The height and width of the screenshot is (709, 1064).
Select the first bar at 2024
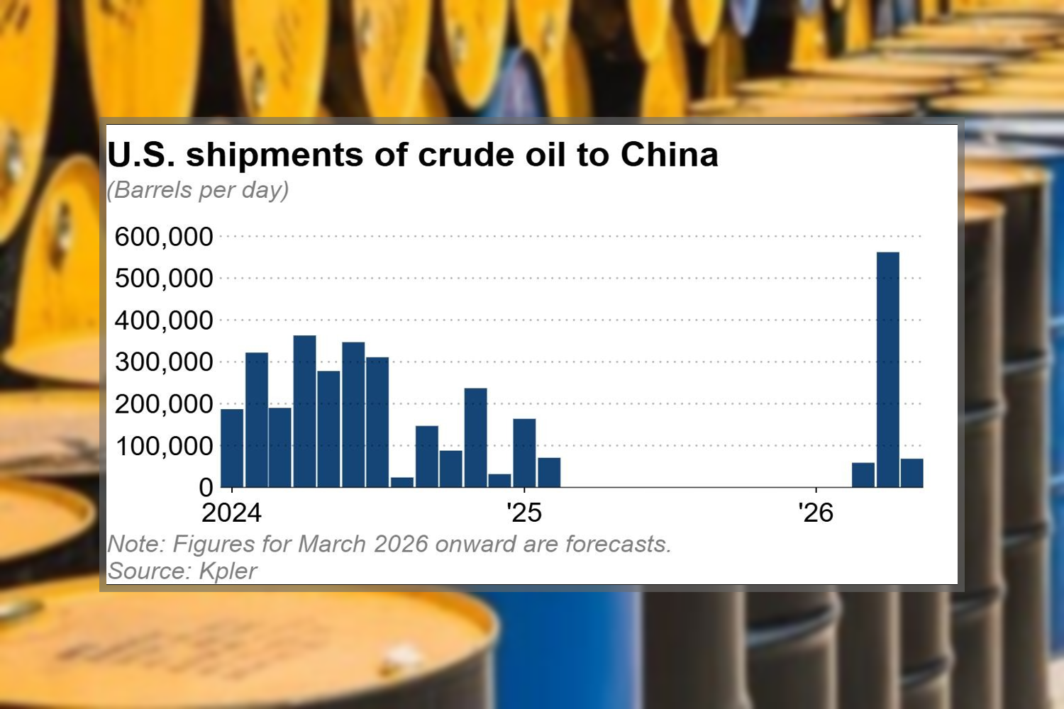pos(232,448)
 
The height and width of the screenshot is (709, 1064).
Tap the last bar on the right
pos(911,473)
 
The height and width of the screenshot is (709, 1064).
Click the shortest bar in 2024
pos(402,482)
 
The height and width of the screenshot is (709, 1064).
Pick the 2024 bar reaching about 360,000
pos(304,411)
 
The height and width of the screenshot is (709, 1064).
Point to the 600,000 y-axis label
pos(164,237)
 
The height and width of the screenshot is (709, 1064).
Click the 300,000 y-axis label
pos(164,362)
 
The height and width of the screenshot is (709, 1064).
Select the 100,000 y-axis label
pos(164,447)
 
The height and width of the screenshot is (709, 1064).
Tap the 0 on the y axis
pos(206,488)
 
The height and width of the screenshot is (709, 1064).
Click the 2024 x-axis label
pos(232,513)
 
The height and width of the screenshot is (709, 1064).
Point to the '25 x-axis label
pos(523,513)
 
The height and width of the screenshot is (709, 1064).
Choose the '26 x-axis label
pos(816,513)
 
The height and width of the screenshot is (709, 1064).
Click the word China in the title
pos(669,155)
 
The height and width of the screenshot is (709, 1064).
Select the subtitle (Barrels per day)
pos(198,190)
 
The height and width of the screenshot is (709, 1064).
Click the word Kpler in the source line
pos(228,571)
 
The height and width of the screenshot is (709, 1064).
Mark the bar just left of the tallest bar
pos(863,475)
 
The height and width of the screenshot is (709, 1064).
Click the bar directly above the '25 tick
pos(524,453)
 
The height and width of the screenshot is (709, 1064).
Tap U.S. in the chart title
pos(141,155)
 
